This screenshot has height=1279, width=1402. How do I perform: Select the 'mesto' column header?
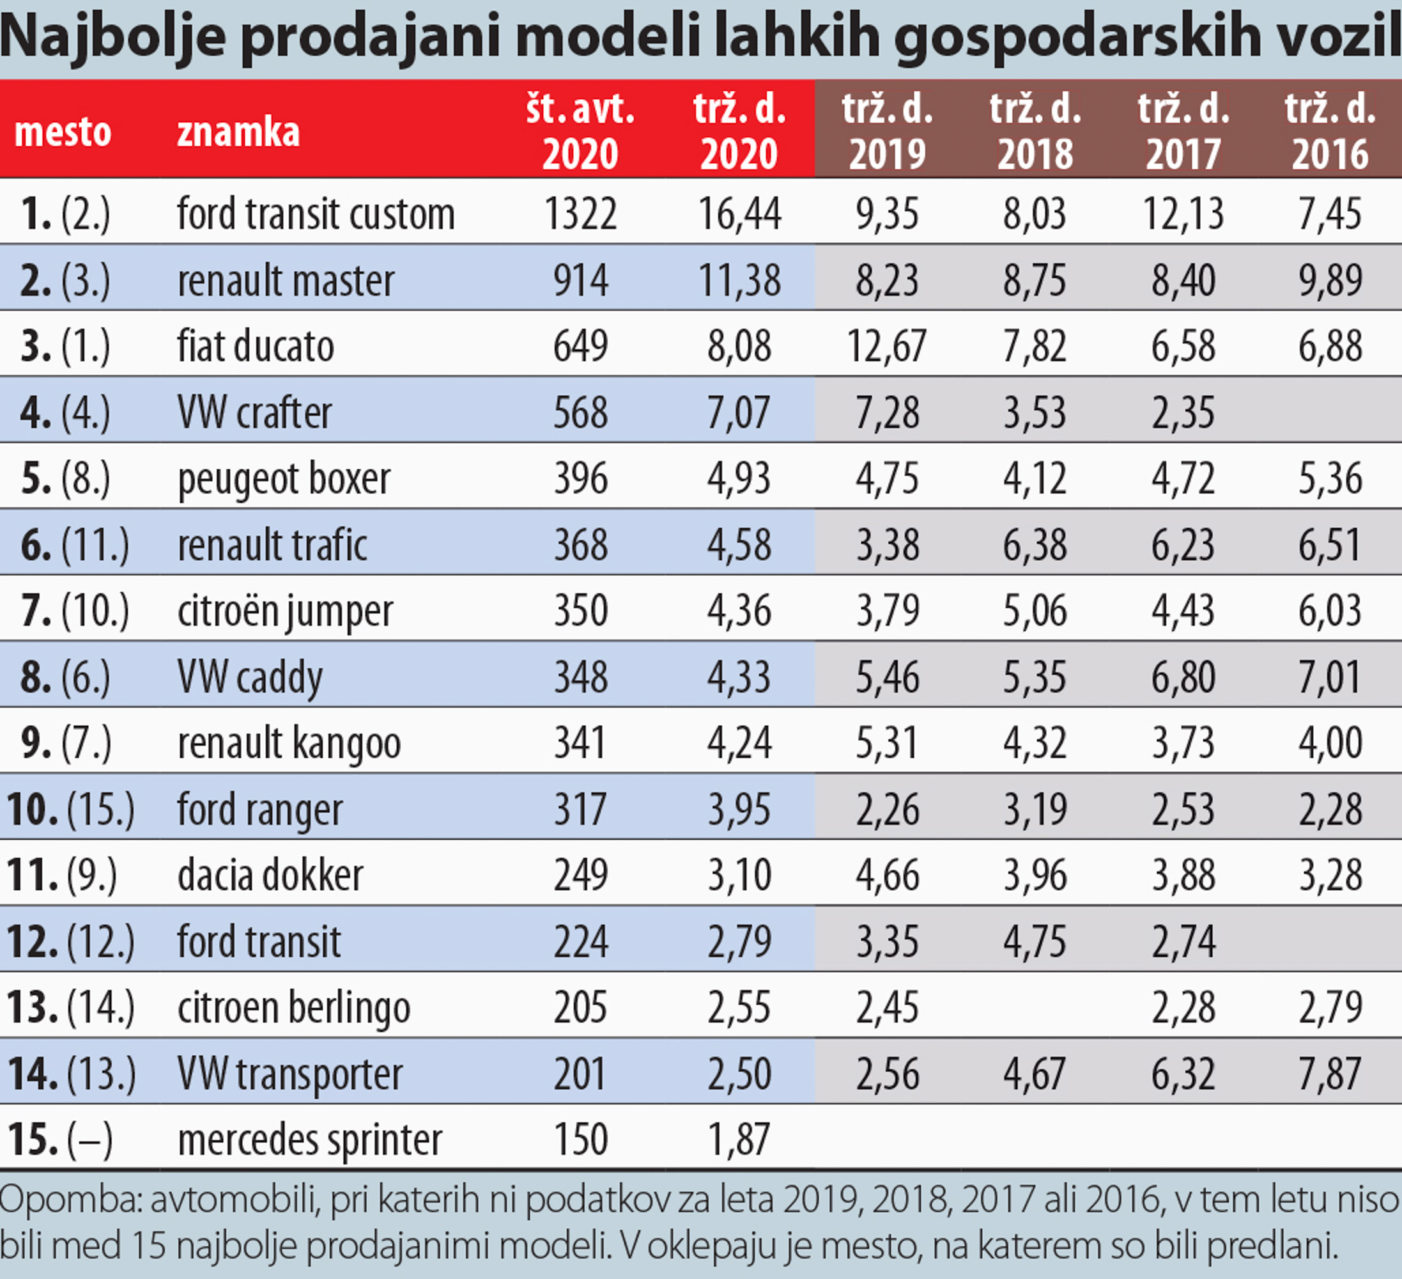pos(63,132)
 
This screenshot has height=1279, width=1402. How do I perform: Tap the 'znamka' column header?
pos(238,132)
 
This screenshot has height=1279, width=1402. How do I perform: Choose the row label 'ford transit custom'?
pos(316,213)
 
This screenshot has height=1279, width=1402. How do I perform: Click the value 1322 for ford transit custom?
pos(580,213)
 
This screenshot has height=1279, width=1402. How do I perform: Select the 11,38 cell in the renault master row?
pos(739,279)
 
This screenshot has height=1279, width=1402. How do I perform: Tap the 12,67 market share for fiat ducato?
pos(887,346)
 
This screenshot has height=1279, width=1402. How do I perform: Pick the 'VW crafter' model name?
pos(254,412)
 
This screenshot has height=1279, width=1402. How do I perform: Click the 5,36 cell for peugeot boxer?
pos(1330,478)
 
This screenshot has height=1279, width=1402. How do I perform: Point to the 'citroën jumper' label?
pos(285,611)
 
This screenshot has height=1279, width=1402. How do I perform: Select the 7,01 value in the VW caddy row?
pos(1330,677)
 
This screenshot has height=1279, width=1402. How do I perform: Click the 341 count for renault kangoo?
pos(580,742)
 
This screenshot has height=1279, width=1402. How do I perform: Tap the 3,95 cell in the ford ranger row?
pos(739,808)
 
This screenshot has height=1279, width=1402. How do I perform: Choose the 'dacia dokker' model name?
pos(270,875)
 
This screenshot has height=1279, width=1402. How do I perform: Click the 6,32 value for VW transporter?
pos(1182,1073)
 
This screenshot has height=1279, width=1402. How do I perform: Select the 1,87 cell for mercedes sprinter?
pos(739,1139)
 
